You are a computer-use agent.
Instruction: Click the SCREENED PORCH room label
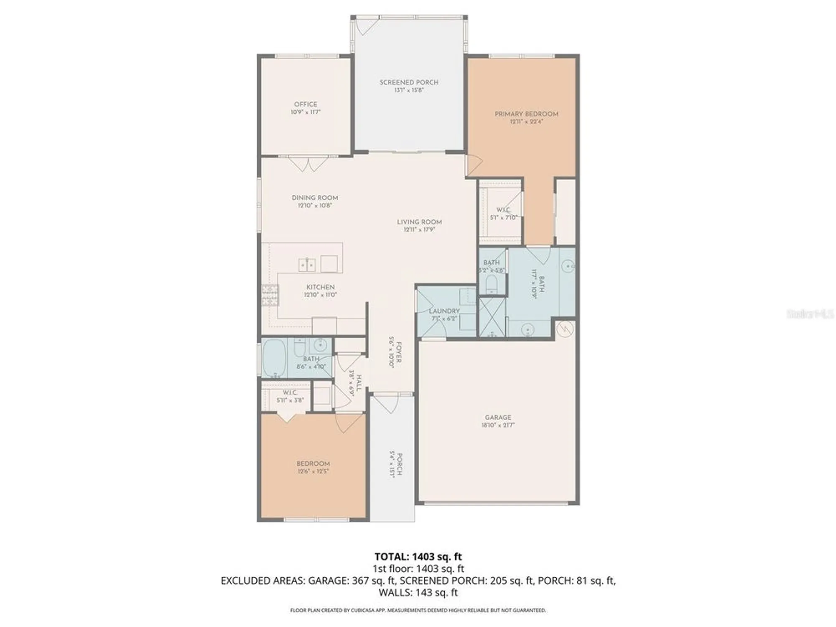tap(409, 82)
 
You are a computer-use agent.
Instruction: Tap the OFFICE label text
tap(306, 104)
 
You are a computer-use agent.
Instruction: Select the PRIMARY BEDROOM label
tap(526, 114)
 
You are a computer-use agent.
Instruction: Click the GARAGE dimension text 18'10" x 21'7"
tap(498, 425)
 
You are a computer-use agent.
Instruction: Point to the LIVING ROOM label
tap(419, 222)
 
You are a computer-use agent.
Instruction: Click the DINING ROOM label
tap(315, 198)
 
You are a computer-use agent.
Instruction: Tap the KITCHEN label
tap(320, 287)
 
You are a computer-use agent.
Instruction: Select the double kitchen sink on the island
tap(307, 265)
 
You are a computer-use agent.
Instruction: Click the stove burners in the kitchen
tap(270, 295)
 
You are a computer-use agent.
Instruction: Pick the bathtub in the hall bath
tap(274, 358)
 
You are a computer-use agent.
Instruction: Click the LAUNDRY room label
tap(444, 311)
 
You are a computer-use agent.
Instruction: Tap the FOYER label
tap(398, 352)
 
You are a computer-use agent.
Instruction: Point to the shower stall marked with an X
tap(492, 316)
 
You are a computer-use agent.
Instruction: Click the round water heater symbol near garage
tap(565, 329)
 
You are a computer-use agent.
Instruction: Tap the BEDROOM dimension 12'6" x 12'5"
tap(313, 471)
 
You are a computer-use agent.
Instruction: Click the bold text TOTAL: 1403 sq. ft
tap(418, 556)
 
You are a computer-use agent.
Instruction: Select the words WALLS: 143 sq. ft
tap(418, 592)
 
